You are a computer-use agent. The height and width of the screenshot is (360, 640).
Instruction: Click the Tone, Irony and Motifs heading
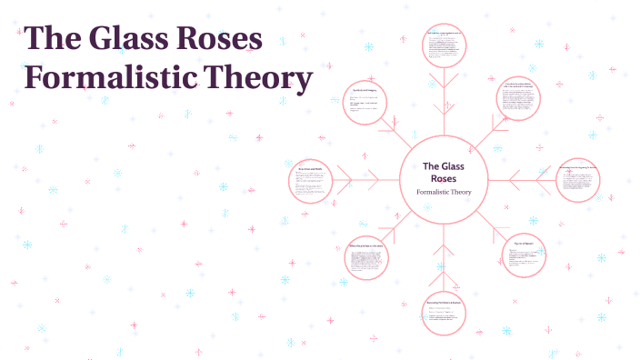pos(311,168)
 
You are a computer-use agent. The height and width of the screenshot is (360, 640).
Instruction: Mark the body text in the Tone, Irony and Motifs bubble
pos(312,185)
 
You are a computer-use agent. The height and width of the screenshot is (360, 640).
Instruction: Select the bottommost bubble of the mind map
pos(444,312)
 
